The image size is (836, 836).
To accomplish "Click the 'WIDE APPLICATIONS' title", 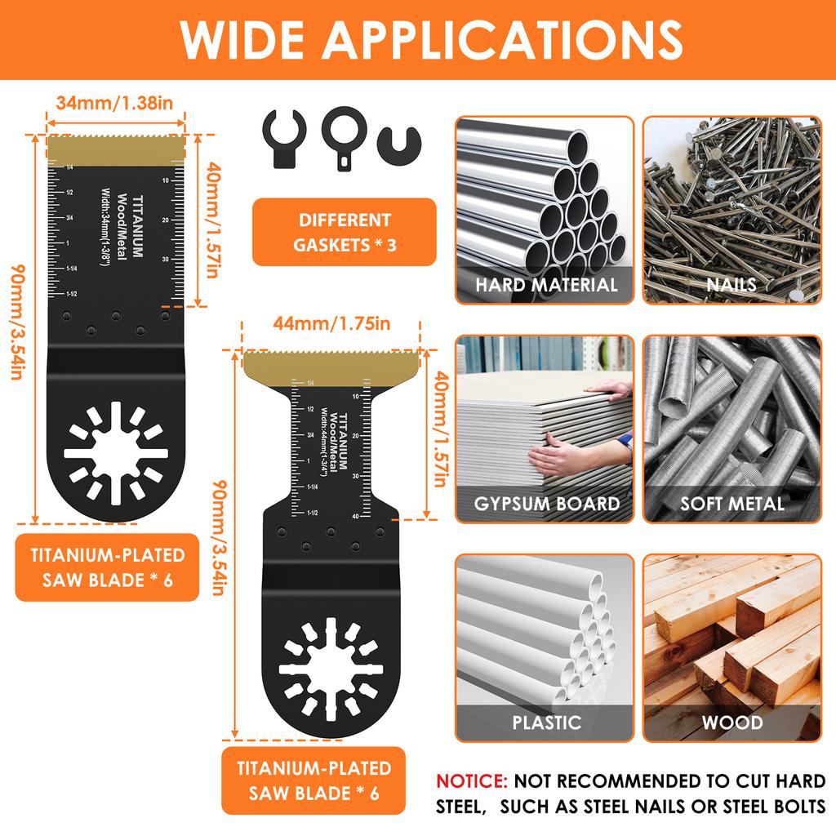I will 417,38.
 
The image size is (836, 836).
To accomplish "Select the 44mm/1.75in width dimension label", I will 331,323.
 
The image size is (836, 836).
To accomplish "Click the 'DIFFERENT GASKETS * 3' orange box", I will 344,232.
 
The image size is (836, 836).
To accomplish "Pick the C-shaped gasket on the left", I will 283,140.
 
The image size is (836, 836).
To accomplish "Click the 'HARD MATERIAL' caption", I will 546,285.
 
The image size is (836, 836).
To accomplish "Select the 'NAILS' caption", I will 731,285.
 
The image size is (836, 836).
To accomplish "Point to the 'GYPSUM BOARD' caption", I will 546,504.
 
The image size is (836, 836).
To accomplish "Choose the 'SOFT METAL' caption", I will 731,504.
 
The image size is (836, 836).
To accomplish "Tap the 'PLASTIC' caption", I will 546,723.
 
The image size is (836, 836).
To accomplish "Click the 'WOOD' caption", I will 731,723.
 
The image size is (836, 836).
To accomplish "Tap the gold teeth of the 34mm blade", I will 115,149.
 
